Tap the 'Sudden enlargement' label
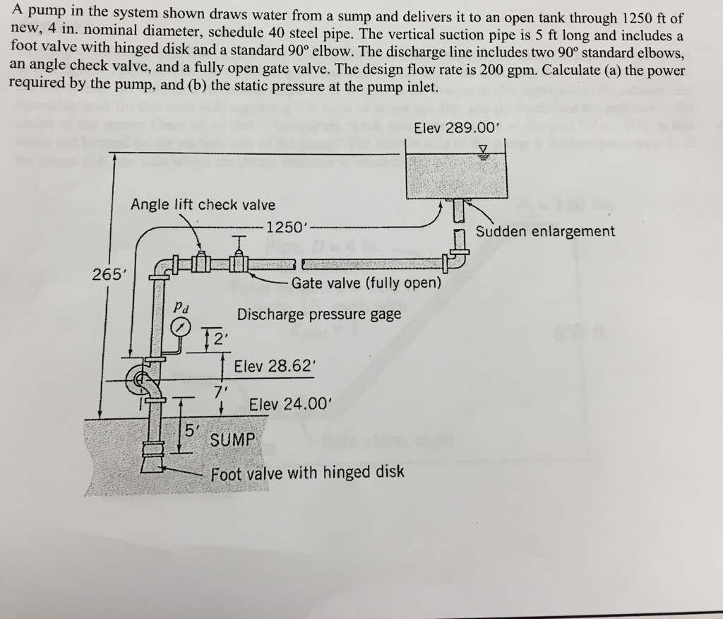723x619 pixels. [545, 231]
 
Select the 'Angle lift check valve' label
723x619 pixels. [203, 205]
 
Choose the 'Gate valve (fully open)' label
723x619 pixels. [366, 283]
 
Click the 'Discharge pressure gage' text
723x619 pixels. [319, 314]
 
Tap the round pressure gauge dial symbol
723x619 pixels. [182, 328]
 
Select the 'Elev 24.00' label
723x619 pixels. [289, 404]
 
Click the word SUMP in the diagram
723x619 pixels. [234, 440]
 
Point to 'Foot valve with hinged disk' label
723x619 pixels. [308, 472]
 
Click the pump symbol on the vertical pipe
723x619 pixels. [141, 382]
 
